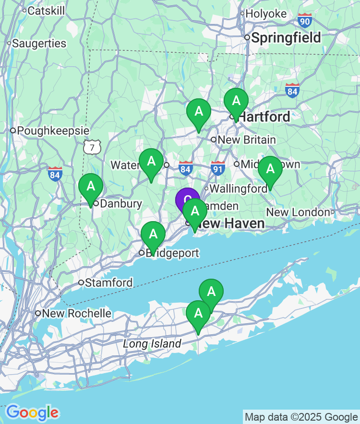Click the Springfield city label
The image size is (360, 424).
tap(286, 38)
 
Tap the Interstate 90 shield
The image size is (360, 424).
tap(304, 20)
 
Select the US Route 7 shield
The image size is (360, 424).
tap(92, 147)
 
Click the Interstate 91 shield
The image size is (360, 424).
tap(217, 168)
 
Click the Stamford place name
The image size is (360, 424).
tap(108, 283)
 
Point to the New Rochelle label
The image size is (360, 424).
tap(76, 314)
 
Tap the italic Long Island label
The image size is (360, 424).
tap(152, 344)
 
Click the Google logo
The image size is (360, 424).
tap(32, 412)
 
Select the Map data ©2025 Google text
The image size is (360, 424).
tap(301, 417)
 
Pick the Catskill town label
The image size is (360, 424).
tap(46, 11)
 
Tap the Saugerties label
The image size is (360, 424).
tap(39, 43)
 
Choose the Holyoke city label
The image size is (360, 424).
tap(266, 14)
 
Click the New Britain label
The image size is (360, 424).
tap(247, 140)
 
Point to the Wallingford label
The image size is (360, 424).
tap(238, 188)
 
